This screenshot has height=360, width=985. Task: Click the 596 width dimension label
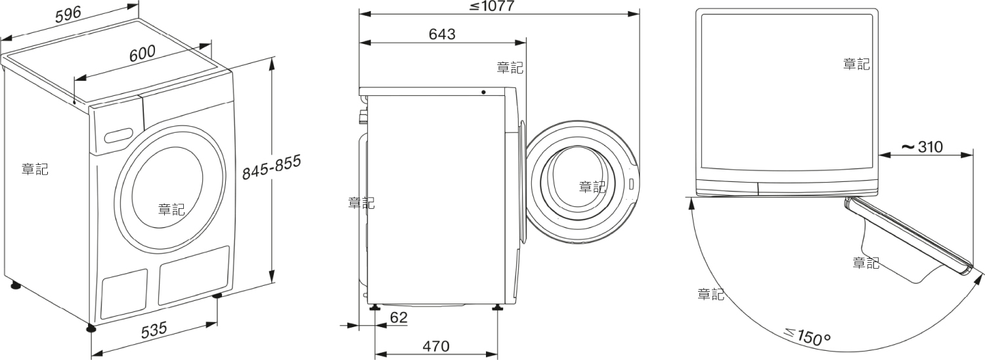(68, 14)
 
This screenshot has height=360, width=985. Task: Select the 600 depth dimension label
(142, 53)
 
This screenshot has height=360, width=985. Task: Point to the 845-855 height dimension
(272, 167)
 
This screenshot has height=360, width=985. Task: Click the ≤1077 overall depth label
(491, 6)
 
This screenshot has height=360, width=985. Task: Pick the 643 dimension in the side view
(442, 34)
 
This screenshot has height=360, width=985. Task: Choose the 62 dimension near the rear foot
(399, 317)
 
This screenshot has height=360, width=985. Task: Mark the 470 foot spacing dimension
(436, 346)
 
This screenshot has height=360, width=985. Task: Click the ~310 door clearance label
(922, 146)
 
